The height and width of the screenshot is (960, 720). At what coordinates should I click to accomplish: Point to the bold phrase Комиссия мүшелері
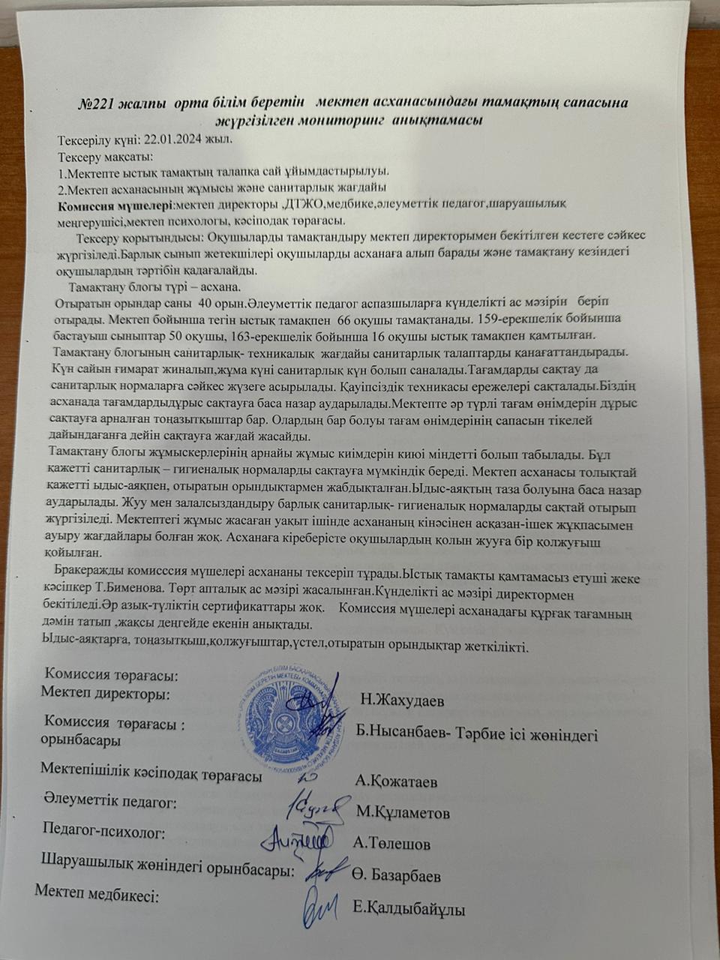[115, 205]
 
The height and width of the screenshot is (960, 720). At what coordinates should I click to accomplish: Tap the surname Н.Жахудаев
[402, 701]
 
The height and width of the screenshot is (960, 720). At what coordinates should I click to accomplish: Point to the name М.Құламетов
[403, 811]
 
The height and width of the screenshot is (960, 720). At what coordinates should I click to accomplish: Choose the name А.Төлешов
[391, 844]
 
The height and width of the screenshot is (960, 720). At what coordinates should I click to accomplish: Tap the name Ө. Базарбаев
[396, 875]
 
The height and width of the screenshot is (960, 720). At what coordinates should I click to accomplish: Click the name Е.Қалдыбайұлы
[409, 910]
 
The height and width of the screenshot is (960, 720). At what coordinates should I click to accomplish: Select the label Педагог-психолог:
[104, 830]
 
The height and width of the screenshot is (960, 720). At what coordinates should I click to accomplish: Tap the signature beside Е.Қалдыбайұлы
[322, 908]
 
